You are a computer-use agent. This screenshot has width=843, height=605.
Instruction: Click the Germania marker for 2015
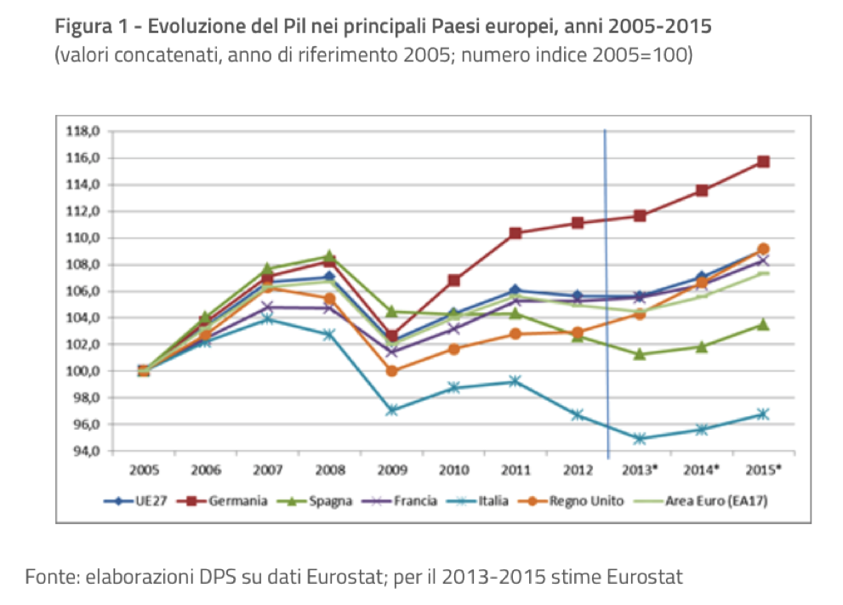[x=763, y=161]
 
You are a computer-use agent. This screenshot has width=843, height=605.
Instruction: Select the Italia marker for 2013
[x=640, y=439]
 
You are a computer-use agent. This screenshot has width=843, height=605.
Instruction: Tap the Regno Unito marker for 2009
[x=391, y=371]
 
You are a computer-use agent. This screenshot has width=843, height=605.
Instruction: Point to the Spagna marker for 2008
[x=329, y=256]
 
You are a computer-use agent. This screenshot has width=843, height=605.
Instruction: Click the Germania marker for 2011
[x=515, y=232]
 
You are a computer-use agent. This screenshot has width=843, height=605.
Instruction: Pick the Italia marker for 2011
[x=515, y=381]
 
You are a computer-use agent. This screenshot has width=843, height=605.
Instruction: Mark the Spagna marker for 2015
[x=763, y=324]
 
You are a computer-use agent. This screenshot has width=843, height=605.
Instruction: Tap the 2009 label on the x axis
[x=391, y=469]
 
